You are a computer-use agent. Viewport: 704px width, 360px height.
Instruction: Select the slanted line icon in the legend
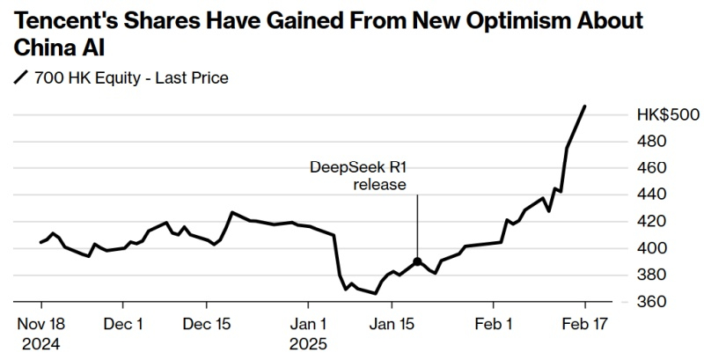coord(20,78)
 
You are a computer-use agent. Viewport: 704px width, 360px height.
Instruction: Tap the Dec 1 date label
coord(123,324)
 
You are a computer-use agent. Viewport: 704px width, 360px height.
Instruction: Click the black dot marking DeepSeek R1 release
coord(417,261)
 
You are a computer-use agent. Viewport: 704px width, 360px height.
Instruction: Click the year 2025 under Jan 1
coord(309,343)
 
